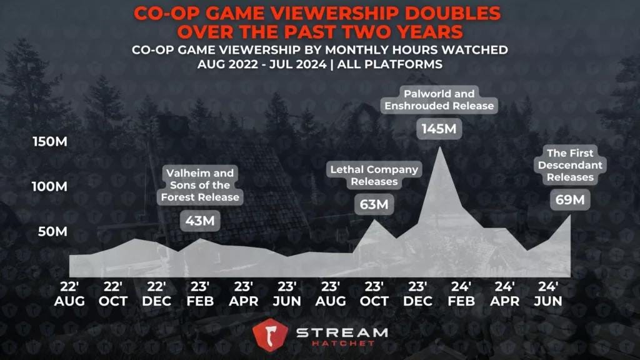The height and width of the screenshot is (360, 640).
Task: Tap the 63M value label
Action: (x=374, y=204)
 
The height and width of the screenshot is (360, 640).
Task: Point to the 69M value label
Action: (x=570, y=201)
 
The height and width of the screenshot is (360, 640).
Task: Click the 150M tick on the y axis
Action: (x=50, y=142)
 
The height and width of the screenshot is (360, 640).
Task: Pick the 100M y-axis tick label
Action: (x=50, y=187)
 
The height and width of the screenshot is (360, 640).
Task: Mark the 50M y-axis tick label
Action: (x=52, y=232)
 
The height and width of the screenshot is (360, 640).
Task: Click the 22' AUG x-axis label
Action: (x=69, y=294)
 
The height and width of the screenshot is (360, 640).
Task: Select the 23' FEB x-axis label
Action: (x=200, y=294)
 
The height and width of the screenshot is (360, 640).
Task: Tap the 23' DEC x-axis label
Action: (x=417, y=294)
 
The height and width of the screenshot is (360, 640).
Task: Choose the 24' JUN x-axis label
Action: (x=548, y=294)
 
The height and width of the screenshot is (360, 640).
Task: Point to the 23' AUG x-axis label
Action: (x=331, y=294)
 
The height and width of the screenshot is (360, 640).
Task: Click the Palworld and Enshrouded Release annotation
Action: (x=439, y=100)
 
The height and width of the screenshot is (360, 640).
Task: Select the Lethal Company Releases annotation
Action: (x=374, y=176)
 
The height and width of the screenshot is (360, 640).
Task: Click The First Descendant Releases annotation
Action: (x=570, y=166)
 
